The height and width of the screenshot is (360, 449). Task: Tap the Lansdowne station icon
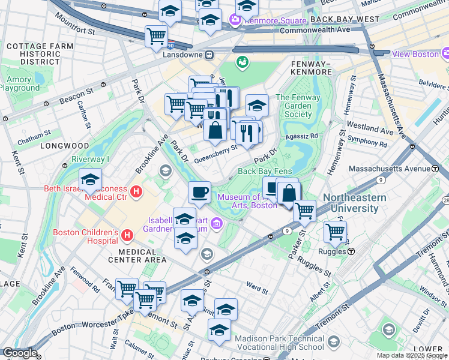point(209,55)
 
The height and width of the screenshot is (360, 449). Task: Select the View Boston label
point(415,53)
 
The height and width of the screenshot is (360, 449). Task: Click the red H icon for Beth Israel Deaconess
point(136,193)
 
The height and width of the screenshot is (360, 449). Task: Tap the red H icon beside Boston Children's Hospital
point(127,233)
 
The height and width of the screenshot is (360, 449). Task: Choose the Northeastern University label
point(351,203)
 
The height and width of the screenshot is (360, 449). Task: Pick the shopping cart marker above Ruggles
point(335,231)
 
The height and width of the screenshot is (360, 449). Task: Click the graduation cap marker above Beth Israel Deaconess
point(90,179)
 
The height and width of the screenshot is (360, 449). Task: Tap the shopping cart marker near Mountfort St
point(156,35)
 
